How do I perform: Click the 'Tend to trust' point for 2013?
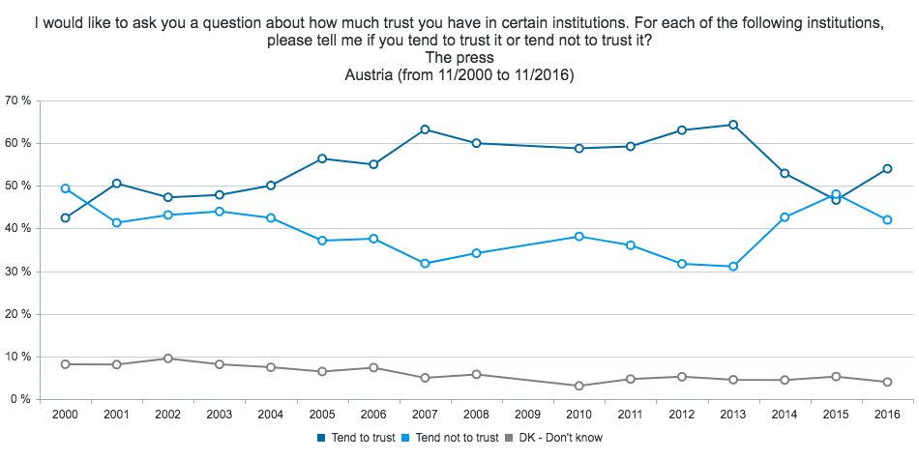[x=732, y=125]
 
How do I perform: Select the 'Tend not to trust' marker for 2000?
[x=65, y=188]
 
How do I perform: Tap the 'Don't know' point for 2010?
[x=578, y=386]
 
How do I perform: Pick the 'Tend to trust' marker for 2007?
[x=425, y=129]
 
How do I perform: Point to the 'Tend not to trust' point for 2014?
[x=784, y=217]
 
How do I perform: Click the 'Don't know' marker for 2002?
[x=167, y=359]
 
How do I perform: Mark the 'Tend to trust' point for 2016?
[x=886, y=169]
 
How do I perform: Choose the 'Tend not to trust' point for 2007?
[x=425, y=263]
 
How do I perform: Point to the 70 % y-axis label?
[x=19, y=100]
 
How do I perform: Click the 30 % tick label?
[x=19, y=272]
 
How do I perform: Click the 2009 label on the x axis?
[x=527, y=415]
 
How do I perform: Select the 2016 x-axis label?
[x=886, y=415]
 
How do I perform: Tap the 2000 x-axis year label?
[x=65, y=415]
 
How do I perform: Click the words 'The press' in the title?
[x=459, y=58]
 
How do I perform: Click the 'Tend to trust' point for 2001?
[x=116, y=184]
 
